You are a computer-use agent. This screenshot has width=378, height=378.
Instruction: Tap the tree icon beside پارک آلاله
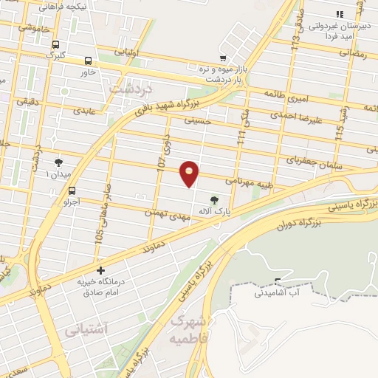click(x=214, y=199)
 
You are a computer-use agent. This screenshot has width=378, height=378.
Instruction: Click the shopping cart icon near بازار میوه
click(x=223, y=58)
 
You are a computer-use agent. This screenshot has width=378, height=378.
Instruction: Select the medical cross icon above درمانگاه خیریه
click(x=100, y=270)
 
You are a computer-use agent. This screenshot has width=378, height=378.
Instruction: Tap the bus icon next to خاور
click(x=88, y=61)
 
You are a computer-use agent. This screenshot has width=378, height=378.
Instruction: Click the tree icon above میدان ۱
click(x=58, y=162)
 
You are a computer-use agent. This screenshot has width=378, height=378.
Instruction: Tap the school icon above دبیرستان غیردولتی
click(x=339, y=14)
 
